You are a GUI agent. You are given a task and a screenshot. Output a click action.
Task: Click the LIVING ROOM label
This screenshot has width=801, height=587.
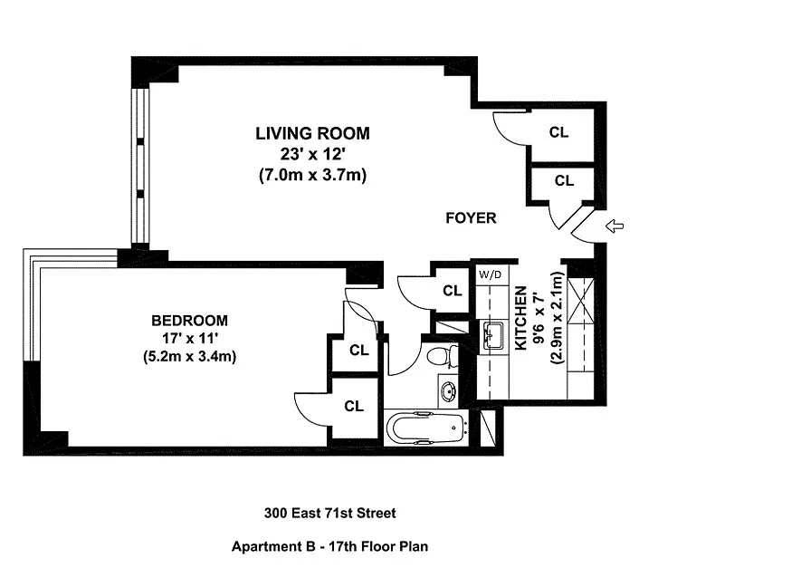(x=312, y=133)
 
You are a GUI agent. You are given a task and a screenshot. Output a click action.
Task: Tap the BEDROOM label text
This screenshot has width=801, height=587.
(x=189, y=321)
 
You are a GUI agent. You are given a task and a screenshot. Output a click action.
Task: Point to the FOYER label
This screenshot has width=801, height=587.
(x=471, y=217)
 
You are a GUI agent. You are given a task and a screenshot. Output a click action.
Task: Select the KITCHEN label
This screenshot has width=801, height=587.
(x=520, y=318)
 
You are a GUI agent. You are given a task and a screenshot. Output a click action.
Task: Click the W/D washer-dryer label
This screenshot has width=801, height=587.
(x=490, y=275)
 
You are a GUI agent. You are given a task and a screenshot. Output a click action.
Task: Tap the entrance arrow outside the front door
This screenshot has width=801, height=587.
(x=615, y=226)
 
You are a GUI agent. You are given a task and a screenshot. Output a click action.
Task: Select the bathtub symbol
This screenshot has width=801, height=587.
(x=425, y=428)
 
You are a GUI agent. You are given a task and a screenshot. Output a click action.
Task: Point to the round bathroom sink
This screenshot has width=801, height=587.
(x=449, y=391)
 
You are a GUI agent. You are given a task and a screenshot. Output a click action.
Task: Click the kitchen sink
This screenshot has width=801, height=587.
(x=493, y=335)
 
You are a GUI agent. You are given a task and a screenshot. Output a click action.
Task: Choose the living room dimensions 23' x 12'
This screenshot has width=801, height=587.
(x=312, y=154)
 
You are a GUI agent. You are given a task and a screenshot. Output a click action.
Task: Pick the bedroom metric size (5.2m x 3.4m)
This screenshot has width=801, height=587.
(x=189, y=356)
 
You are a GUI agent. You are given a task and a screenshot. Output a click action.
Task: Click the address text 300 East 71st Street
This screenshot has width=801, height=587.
(x=330, y=513)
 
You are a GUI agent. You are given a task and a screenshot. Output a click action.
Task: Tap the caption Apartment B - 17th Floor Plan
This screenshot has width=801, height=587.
(x=330, y=546)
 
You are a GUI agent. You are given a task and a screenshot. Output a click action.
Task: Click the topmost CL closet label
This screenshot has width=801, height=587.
(x=558, y=132)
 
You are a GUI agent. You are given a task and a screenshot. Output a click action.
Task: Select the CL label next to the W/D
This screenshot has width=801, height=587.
(x=453, y=291)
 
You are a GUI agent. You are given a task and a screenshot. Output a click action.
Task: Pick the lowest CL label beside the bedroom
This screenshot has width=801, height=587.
(x=354, y=406)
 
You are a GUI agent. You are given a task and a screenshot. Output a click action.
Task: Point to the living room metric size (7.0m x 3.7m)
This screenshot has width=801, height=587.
(x=312, y=176)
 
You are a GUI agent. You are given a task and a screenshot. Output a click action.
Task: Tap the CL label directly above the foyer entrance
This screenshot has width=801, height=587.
(x=565, y=180)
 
